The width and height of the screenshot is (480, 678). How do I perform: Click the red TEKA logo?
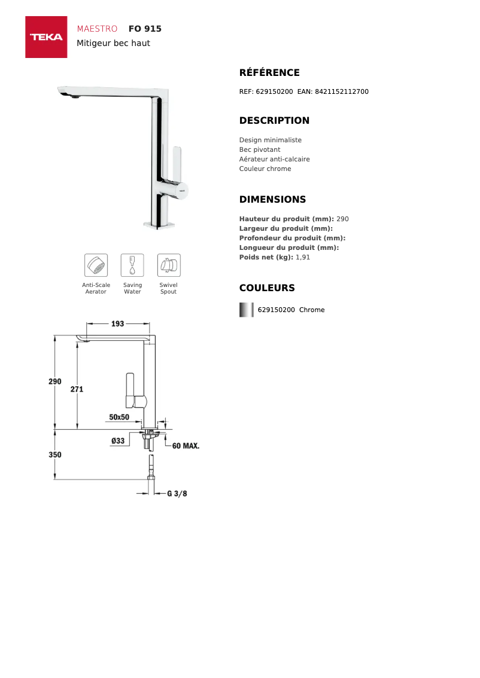point(46,37)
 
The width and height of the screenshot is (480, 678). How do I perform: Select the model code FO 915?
point(145,29)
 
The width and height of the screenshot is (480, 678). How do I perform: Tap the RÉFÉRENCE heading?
point(269,73)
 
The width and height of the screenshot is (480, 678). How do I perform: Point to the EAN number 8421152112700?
point(341,91)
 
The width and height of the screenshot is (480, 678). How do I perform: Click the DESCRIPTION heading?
point(274,121)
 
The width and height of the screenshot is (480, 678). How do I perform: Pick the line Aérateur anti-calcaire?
point(274,159)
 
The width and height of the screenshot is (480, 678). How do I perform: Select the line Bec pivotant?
point(260,149)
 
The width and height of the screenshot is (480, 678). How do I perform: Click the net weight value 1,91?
point(303,257)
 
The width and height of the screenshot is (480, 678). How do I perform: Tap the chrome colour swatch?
point(246,310)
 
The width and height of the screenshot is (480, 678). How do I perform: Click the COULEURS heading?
point(267,288)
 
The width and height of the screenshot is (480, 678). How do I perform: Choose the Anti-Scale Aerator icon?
point(96,265)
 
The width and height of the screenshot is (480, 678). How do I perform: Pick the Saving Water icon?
point(132,265)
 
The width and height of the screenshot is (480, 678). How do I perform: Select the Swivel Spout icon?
point(169,265)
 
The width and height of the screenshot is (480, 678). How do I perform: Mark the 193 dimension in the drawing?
point(118,323)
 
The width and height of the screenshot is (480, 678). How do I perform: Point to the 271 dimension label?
point(77,389)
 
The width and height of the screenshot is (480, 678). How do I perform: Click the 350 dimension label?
point(55,454)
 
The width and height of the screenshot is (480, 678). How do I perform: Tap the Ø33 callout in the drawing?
point(118,441)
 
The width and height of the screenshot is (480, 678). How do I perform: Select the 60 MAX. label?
point(186,446)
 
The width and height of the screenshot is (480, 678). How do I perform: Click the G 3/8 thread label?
point(177,494)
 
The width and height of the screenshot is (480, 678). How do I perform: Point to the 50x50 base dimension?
point(119,417)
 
